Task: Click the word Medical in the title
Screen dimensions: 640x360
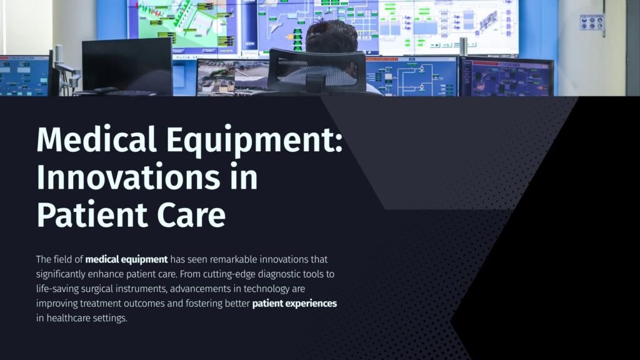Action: tap(96, 139)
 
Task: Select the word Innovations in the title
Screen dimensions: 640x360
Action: tap(128, 177)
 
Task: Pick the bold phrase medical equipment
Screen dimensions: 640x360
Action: tap(126, 259)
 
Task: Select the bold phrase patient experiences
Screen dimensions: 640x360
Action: tap(294, 304)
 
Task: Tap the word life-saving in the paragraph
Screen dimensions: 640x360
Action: tap(57, 289)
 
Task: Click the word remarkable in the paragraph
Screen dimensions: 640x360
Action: tap(234, 259)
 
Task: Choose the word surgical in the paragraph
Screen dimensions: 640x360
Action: tap(97, 289)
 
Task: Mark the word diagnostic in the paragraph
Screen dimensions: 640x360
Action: tap(279, 274)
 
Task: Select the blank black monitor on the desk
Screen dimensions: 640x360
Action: tap(127, 65)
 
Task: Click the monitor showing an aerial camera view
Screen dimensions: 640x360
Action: tap(232, 77)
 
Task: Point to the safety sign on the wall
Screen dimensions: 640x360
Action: tap(592, 23)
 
